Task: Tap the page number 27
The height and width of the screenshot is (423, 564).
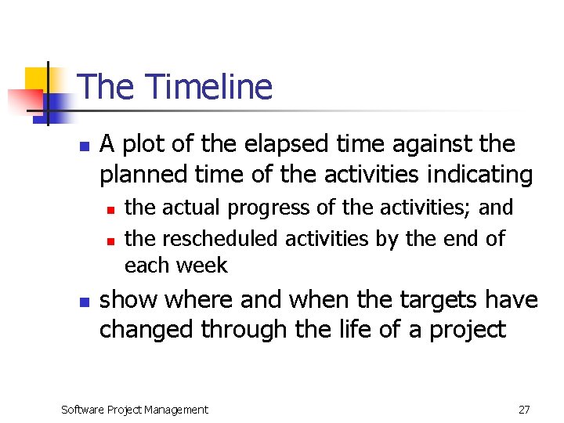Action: [524, 409]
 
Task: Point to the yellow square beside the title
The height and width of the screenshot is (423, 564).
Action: [36, 79]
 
